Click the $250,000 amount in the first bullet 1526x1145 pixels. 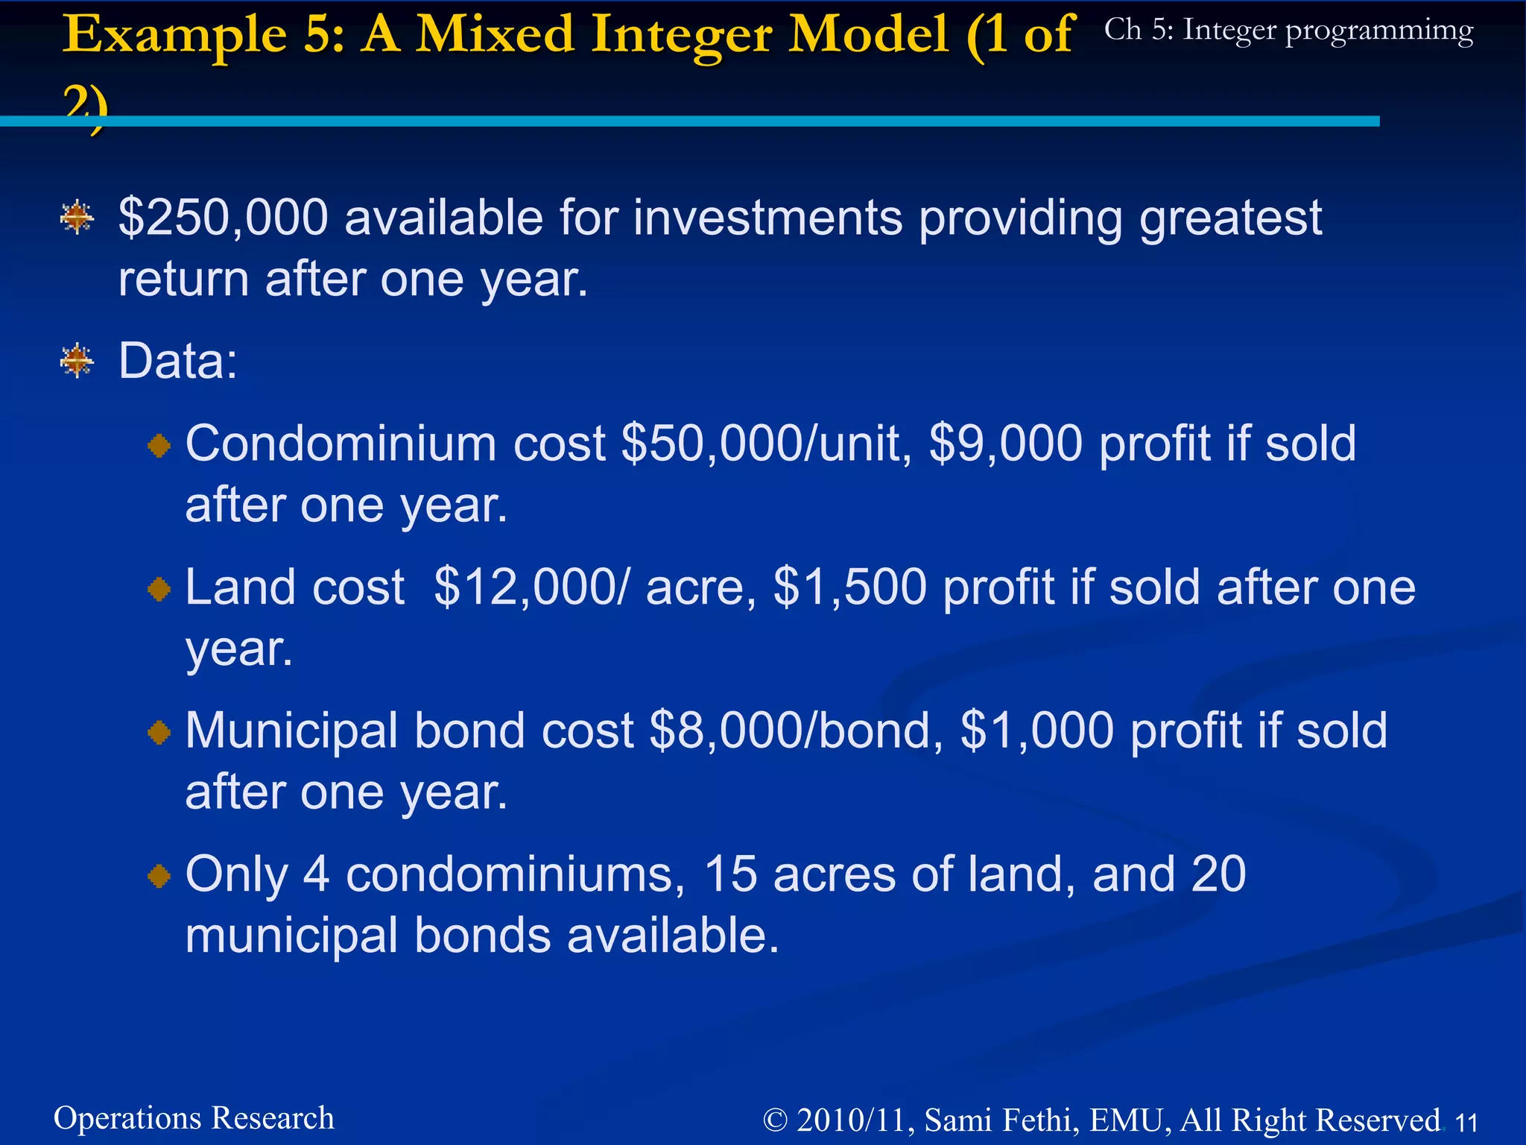pos(223,218)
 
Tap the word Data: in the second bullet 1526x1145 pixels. pos(178,362)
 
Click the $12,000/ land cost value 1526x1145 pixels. pos(531,587)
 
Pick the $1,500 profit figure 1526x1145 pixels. pos(850,587)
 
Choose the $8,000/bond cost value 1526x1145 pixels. pos(791,731)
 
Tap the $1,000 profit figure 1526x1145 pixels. pos(1037,731)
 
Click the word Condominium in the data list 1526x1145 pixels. pos(341,444)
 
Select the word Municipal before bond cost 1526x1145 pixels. pos(291,731)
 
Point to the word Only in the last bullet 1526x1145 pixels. pos(236,874)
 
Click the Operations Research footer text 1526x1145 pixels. pos(194,1118)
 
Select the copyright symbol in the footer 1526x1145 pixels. pos(775,1120)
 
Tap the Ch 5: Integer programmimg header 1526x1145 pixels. pos(1288,31)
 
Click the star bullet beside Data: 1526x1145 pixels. pos(77,362)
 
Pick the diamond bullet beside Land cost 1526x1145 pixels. pos(159,590)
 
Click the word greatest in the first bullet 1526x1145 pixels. pos(1230,218)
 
